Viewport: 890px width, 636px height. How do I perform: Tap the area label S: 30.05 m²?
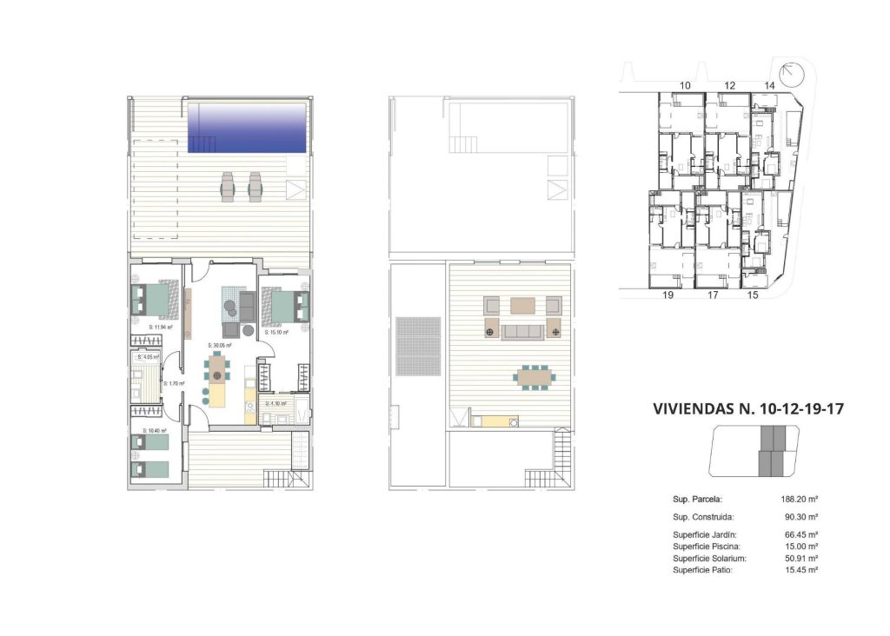tap(220, 346)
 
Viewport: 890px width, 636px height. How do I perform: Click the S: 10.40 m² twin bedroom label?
tap(155, 430)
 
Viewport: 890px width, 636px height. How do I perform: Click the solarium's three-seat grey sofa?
tap(523, 332)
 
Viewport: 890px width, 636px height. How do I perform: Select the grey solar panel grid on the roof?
tap(407, 345)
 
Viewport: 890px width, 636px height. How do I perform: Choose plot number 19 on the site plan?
tap(667, 296)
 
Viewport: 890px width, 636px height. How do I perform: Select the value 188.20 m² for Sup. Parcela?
tap(800, 500)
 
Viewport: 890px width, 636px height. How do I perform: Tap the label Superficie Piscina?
tap(705, 546)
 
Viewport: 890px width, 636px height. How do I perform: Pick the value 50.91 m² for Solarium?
tap(800, 558)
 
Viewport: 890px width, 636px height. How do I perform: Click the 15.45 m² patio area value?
tap(800, 570)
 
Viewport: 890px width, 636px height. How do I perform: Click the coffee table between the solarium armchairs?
tap(522, 305)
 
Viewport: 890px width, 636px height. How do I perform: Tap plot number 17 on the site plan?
tap(713, 296)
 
